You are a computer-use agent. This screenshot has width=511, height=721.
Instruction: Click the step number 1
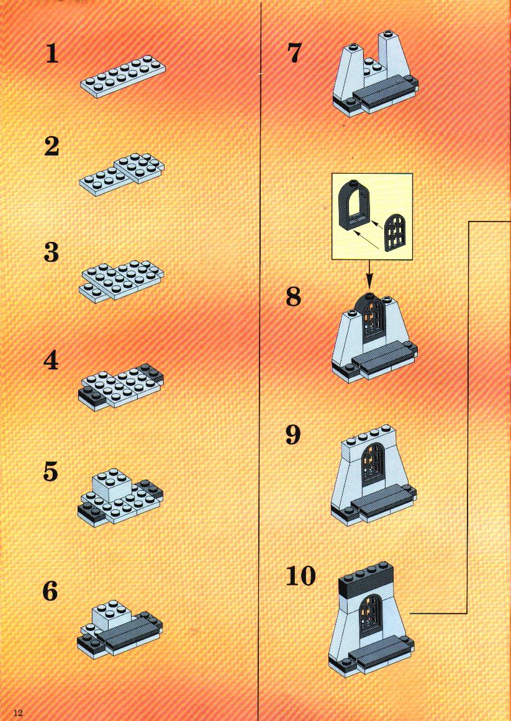(52, 54)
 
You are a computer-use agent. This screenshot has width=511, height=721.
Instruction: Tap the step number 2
(52, 146)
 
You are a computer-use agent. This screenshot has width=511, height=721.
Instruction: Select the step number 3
(52, 253)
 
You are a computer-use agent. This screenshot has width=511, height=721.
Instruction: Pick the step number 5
(51, 472)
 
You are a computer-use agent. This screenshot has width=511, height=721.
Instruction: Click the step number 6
(50, 591)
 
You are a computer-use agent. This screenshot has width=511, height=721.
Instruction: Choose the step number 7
(294, 53)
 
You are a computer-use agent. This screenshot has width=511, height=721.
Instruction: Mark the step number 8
(294, 297)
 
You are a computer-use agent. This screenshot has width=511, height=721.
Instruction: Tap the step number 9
(293, 434)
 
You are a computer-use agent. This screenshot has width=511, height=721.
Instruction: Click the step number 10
(301, 576)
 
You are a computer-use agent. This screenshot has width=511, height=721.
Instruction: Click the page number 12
(18, 713)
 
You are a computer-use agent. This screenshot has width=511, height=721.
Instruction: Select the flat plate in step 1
(123, 77)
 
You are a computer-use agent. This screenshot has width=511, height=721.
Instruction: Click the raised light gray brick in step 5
(112, 486)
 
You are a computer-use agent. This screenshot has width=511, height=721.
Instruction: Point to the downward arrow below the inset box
(369, 275)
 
